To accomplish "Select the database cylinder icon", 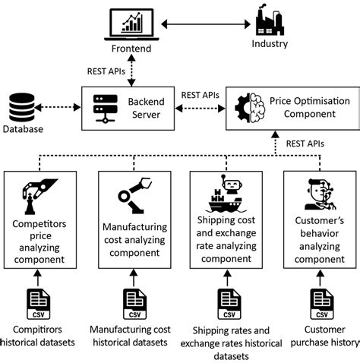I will click(x=21, y=107).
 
